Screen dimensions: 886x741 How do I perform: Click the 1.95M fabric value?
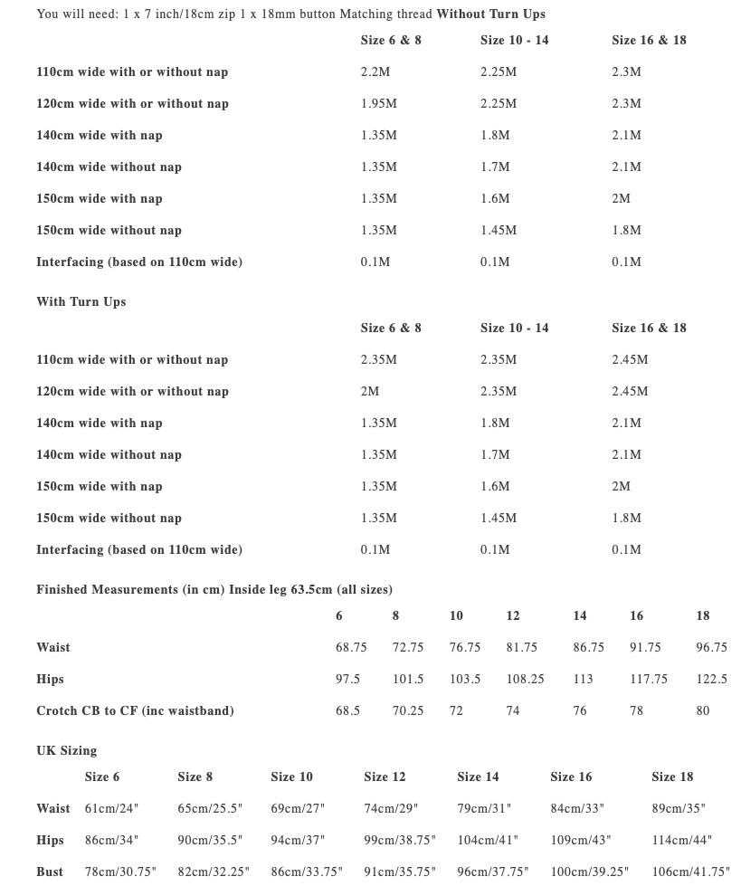pyautogui.click(x=378, y=103)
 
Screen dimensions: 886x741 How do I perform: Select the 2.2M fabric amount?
pyautogui.click(x=375, y=71)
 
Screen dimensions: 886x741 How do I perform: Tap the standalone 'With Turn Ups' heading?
pyautogui.click(x=81, y=301)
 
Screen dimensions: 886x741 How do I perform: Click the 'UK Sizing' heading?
pyautogui.click(x=66, y=750)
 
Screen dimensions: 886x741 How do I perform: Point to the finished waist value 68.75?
pyautogui.click(x=351, y=647)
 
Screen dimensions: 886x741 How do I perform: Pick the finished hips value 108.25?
pyautogui.click(x=525, y=679)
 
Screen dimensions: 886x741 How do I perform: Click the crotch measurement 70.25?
pyautogui.click(x=408, y=710)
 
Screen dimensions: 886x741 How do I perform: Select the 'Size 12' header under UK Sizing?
pyautogui.click(x=385, y=776)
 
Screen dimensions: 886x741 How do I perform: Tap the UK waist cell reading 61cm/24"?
pyautogui.click(x=111, y=808)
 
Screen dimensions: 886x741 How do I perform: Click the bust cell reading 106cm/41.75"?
pyautogui.click(x=690, y=872)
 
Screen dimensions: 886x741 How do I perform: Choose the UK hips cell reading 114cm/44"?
pyautogui.click(x=681, y=840)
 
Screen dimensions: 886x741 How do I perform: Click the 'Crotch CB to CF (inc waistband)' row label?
pyautogui.click(x=135, y=710)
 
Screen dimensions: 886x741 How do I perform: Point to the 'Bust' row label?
pyautogui.click(x=50, y=872)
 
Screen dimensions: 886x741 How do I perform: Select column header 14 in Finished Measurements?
pyautogui.click(x=579, y=615)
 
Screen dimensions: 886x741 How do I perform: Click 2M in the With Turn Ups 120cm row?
pyautogui.click(x=369, y=391)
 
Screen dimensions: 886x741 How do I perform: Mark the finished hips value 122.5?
pyautogui.click(x=711, y=679)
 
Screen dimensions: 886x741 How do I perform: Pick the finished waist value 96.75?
pyautogui.click(x=711, y=647)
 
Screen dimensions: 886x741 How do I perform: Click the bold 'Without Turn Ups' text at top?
pyautogui.click(x=490, y=14)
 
